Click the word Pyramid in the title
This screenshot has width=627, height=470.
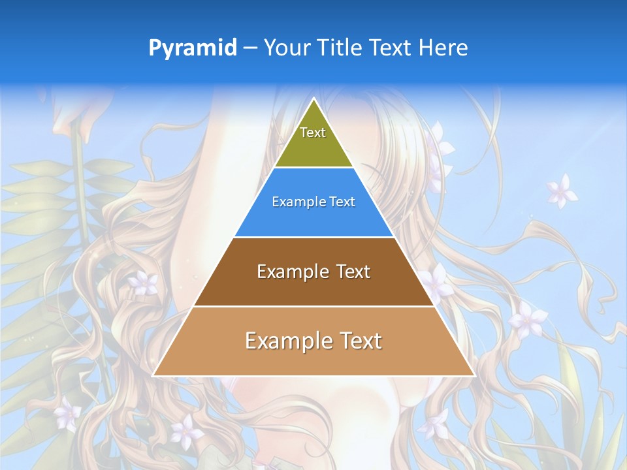pyautogui.click(x=193, y=48)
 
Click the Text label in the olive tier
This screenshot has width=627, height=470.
pyautogui.click(x=313, y=133)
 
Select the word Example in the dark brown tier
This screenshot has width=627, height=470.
pyautogui.click(x=285, y=272)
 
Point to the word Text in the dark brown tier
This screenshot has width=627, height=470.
pyautogui.click(x=353, y=272)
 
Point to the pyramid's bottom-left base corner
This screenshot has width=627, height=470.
pyautogui.click(x=153, y=375)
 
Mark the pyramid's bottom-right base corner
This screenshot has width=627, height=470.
pyautogui.click(x=475, y=375)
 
